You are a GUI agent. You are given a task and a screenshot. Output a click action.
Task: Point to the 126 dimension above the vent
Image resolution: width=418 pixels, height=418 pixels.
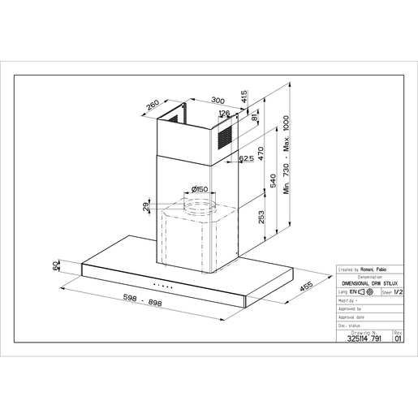(224, 114)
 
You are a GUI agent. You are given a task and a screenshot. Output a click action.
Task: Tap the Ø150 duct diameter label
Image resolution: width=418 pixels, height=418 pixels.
(195, 191)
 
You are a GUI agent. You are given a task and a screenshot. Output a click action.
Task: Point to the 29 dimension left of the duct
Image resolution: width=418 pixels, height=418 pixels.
(147, 209)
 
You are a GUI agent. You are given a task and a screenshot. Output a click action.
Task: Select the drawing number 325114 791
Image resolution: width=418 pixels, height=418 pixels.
(362, 339)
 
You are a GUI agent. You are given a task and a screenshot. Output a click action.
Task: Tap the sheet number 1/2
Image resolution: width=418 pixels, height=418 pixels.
(397, 289)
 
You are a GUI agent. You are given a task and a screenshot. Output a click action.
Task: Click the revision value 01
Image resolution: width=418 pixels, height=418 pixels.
(398, 339)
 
